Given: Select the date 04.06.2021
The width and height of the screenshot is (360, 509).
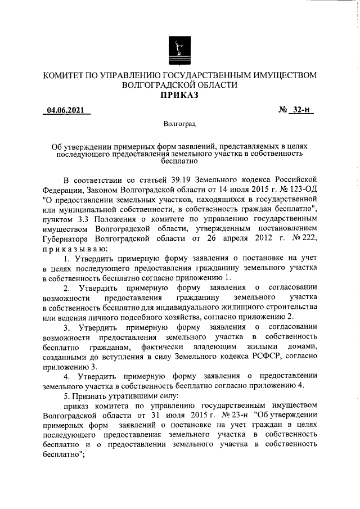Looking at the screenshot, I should (x=66, y=111).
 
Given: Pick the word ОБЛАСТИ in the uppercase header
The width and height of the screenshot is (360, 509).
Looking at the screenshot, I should (x=213, y=85).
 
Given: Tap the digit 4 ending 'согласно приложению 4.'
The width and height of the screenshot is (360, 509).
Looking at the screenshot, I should (x=300, y=385).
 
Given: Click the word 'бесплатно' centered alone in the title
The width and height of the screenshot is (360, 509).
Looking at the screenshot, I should (x=179, y=161).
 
